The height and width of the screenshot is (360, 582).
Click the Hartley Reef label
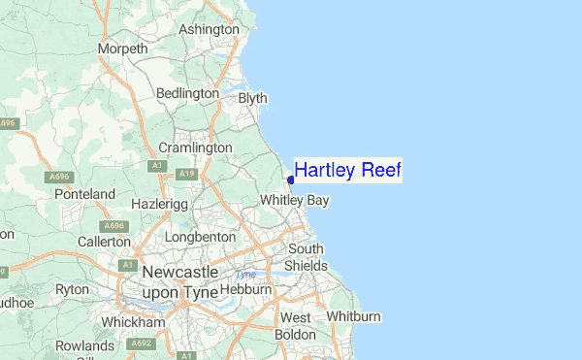[x=347, y=171]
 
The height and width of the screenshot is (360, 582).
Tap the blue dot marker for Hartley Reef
[x=291, y=180]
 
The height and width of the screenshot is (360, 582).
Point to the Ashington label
[x=209, y=29]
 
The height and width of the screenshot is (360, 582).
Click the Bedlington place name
[x=188, y=93]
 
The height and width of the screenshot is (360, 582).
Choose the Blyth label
[x=252, y=98]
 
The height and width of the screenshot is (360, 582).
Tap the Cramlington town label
[x=195, y=147]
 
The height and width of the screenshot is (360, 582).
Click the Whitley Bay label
[x=296, y=200]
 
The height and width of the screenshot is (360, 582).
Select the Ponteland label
[x=85, y=194]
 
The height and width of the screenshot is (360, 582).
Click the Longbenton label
[x=201, y=236]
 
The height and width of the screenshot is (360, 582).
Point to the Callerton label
[x=104, y=241]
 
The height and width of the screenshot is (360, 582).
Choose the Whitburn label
[x=354, y=317]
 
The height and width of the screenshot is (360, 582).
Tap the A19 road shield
[x=186, y=173]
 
